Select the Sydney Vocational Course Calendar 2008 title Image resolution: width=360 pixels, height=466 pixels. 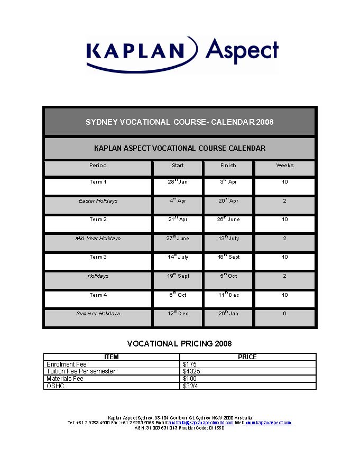(179, 122)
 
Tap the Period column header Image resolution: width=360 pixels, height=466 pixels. (98, 166)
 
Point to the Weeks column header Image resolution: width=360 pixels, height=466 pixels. (284, 166)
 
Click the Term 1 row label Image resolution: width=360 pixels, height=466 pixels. (98, 182)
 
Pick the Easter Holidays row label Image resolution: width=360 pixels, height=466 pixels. (98, 201)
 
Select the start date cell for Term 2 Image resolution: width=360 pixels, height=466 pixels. (178, 220)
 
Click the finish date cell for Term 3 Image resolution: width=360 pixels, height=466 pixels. (229, 257)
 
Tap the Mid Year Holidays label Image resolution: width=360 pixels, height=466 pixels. (98, 239)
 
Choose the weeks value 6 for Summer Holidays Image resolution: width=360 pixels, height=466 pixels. (284, 314)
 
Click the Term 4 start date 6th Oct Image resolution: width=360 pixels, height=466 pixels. (178, 295)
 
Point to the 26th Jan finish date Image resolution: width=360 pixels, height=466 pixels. (229, 314)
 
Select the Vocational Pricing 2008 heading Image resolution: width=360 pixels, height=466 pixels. (179, 344)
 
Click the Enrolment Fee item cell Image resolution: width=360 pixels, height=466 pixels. (66, 364)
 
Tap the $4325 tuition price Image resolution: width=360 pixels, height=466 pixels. (191, 371)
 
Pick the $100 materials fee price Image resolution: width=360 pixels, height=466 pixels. (190, 379)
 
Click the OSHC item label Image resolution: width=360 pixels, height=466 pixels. (55, 386)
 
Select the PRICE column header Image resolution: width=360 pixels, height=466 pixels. (247, 357)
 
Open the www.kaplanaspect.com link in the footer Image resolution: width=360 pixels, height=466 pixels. (268, 423)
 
